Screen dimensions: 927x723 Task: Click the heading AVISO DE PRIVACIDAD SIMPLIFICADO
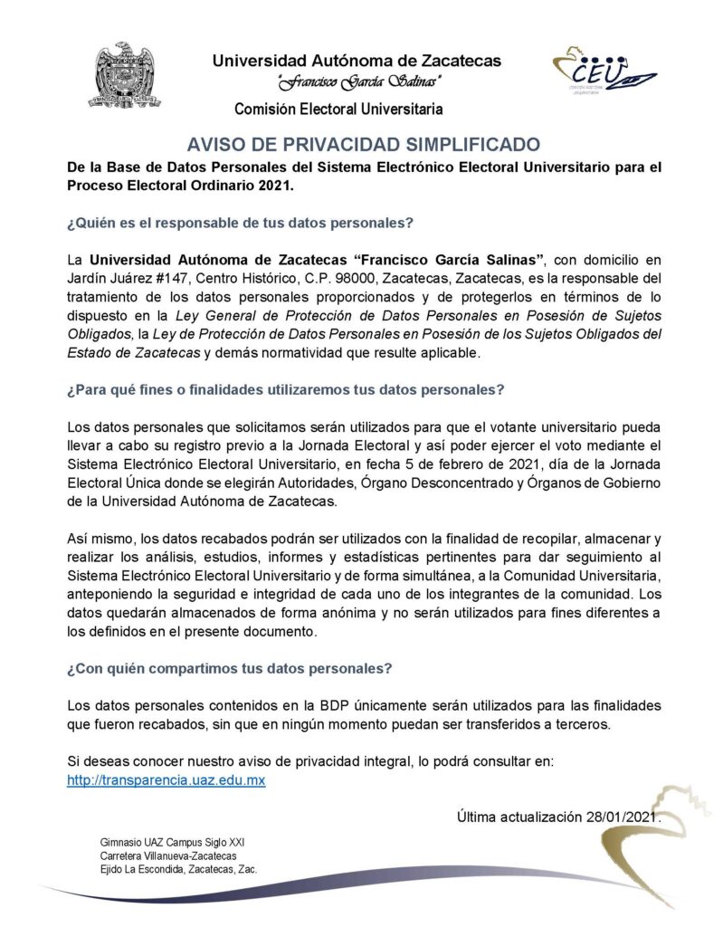[363, 145]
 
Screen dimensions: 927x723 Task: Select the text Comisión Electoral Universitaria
[338, 110]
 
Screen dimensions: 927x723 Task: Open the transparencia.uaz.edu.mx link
[166, 779]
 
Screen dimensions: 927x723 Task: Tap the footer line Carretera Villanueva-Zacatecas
[168, 855]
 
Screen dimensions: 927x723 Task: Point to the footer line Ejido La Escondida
[178, 869]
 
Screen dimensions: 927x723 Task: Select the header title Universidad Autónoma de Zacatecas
[357, 62]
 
